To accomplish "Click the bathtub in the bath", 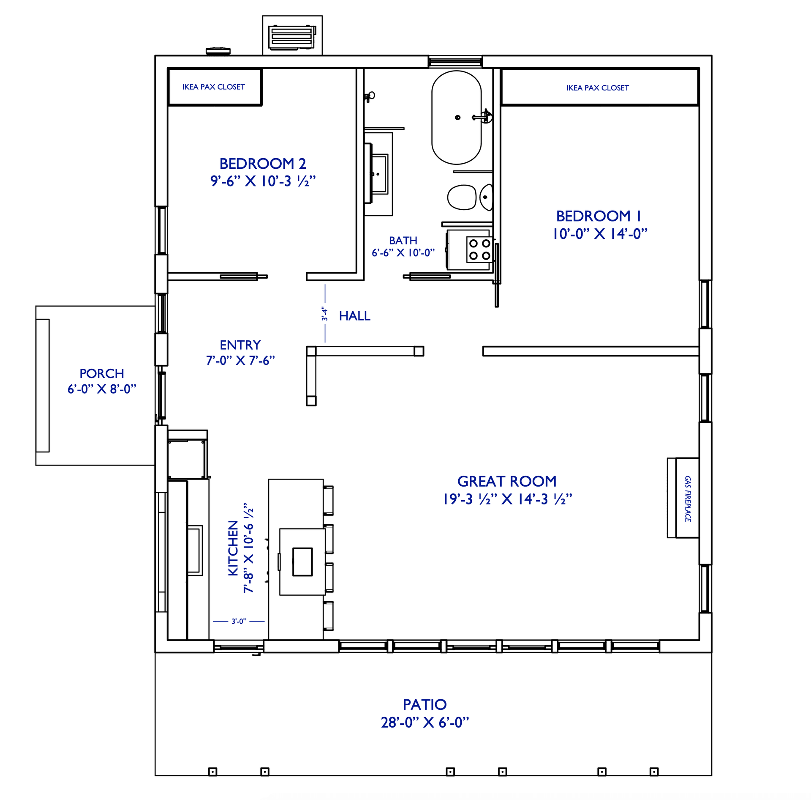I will coord(456,117).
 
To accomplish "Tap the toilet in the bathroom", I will coord(462,197).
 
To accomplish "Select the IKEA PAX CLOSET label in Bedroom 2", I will coord(213,87).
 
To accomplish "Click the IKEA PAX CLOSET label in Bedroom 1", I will coord(597,88).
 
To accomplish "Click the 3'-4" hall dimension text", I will coord(324,313).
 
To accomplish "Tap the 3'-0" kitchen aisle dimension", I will coord(238,621).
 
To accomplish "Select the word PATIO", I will coord(424,704).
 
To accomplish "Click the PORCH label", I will coord(101,373).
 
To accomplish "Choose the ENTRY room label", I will coord(240,345).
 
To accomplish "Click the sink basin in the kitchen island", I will coord(302,562).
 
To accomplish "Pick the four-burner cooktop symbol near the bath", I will coord(479,249).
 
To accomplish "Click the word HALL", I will coord(354,316).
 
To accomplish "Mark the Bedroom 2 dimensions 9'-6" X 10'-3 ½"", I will coord(263,181).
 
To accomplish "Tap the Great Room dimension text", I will coord(507,499).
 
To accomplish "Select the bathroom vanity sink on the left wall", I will coord(379,174).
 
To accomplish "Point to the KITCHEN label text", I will coord(233,548).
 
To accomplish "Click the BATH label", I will coord(403,240).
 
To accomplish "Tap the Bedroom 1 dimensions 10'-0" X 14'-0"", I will coord(600,234).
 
